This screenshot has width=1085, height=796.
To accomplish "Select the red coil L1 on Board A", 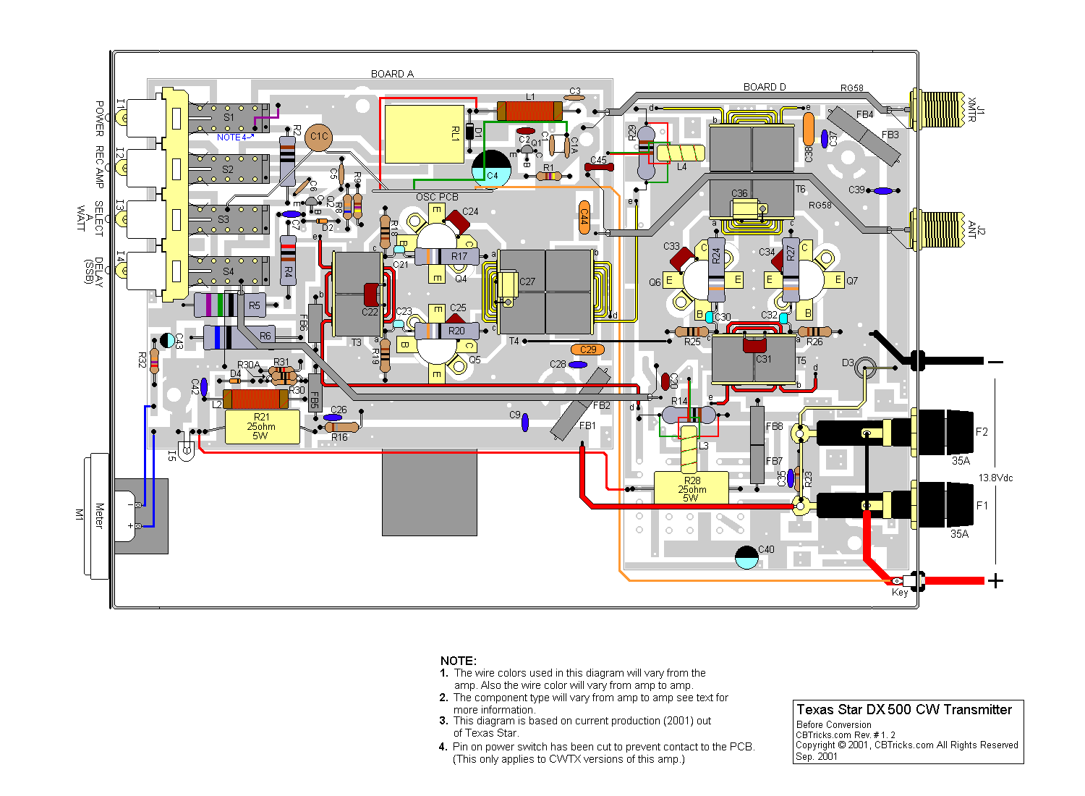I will click(529, 111).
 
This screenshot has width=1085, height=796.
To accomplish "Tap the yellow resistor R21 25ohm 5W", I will click(262, 427).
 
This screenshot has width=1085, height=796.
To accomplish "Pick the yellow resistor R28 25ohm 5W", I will click(691, 488).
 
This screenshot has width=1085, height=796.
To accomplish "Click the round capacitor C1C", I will click(319, 137).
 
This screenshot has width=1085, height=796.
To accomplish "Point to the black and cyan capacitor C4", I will click(491, 168).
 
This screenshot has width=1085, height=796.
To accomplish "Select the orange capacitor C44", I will click(584, 216).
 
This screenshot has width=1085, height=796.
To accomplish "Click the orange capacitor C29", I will click(587, 350).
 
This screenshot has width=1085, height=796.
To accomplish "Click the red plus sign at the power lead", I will click(996, 580).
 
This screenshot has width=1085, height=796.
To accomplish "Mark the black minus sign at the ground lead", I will click(996, 362).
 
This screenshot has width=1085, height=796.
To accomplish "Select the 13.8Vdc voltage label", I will click(996, 478).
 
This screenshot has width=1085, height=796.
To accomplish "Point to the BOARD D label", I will click(765, 87).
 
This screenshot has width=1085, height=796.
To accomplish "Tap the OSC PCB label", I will click(437, 197).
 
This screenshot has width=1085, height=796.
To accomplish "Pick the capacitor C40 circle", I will click(746, 557).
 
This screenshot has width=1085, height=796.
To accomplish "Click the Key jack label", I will click(899, 593).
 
